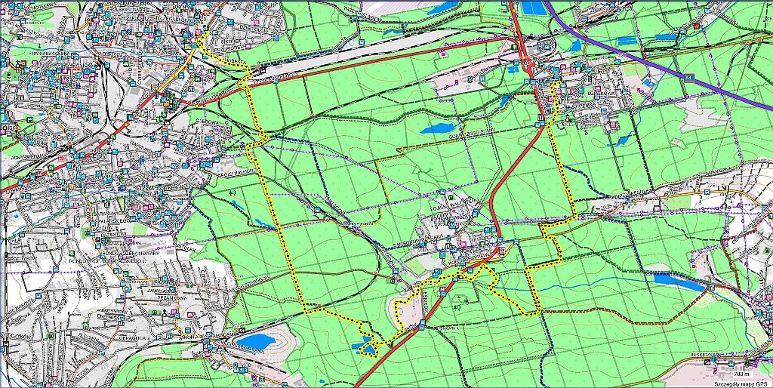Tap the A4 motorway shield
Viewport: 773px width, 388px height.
[x=688, y=77]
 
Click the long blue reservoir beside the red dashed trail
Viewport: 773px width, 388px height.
[x=668, y=279]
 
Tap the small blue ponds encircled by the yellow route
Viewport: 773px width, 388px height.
[x=367, y=348]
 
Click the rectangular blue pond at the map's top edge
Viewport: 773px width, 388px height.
[x=532, y=8]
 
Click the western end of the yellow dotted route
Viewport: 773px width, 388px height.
[x=199, y=42]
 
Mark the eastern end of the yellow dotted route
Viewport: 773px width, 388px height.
[x=557, y=87]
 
